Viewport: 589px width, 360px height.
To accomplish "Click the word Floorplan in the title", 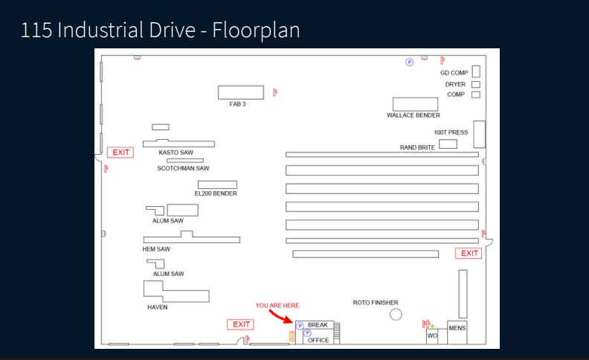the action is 256,30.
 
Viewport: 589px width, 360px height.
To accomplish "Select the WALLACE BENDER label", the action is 413,115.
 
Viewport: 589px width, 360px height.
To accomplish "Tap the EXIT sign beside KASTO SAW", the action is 120,152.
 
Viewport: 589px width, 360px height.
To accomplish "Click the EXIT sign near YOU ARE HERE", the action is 241,324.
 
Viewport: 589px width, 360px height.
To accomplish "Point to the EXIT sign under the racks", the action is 469,254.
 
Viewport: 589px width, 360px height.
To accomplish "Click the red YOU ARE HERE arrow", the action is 280,316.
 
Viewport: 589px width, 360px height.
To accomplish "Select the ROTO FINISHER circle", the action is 396,314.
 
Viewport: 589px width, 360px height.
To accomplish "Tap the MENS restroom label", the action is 457,328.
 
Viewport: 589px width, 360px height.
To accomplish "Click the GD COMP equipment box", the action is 476,71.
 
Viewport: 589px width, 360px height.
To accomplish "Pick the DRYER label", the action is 455,84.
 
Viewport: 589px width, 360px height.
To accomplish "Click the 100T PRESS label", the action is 451,132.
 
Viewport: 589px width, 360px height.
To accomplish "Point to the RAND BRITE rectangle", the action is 448,144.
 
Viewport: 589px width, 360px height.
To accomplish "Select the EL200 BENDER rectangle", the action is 217,184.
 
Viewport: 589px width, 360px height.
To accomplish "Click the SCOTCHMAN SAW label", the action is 183,168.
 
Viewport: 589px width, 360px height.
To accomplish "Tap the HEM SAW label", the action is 156,249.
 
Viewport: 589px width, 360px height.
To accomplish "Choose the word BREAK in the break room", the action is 318,325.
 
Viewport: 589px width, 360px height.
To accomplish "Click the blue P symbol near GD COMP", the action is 410,62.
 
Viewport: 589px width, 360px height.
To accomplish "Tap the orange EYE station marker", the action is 292,337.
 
